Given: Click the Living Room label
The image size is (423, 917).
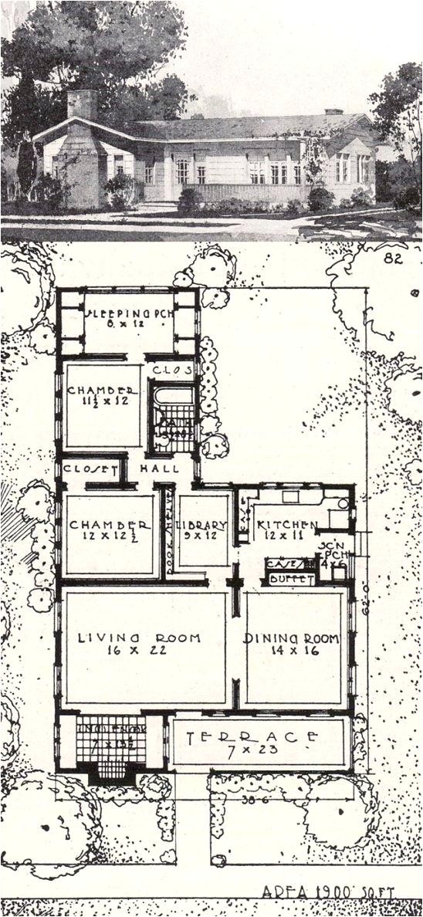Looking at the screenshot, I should click(x=140, y=638).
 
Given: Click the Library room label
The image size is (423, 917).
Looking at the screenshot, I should click(x=202, y=526).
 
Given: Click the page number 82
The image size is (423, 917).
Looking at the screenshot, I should click(x=393, y=260).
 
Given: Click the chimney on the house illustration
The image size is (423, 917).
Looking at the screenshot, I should click(x=83, y=105).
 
